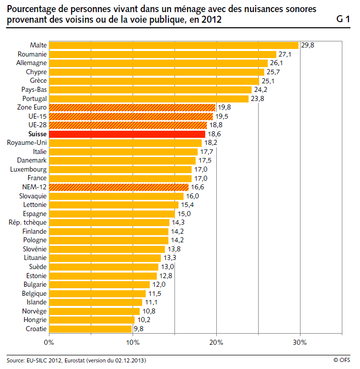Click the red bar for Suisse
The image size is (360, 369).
point(127,134)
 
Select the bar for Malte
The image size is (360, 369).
point(173,45)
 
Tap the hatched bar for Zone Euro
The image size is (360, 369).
point(132,108)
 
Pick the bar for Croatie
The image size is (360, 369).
point(90,329)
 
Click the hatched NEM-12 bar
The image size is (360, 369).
point(118,187)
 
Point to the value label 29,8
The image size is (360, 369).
point(308,45)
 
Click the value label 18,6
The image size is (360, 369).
point(214,134)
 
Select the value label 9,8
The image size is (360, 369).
point(139,329)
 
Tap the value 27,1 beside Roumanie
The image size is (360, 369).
point(285,55)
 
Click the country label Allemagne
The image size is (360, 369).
point(31,63)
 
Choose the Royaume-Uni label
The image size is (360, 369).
point(27,143)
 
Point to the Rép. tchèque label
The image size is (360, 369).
point(28,223)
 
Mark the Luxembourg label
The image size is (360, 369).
point(28,170)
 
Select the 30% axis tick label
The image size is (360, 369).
point(300,342)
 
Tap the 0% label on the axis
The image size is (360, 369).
point(49,342)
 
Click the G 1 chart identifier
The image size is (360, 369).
point(343,19)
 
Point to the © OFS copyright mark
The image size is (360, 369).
point(342,360)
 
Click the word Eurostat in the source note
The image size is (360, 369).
point(75,360)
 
